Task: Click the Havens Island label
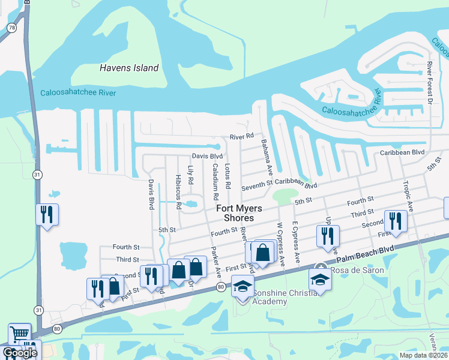pyautogui.click(x=129, y=68)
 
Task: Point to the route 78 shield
pyautogui.click(x=11, y=28)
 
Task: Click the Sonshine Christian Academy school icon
pyautogui.click(x=243, y=286)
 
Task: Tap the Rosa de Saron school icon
pyautogui.click(x=320, y=278)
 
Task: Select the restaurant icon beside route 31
pyautogui.click(x=47, y=214)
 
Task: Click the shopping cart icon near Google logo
pyautogui.click(x=19, y=333)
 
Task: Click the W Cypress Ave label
pyautogui.click(x=280, y=243)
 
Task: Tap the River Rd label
pyautogui.click(x=242, y=137)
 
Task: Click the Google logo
pyautogui.click(x=19, y=353)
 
